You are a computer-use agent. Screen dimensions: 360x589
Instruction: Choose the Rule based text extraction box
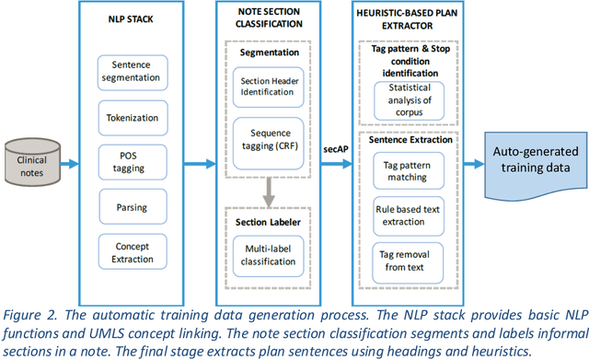(x=407, y=215)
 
